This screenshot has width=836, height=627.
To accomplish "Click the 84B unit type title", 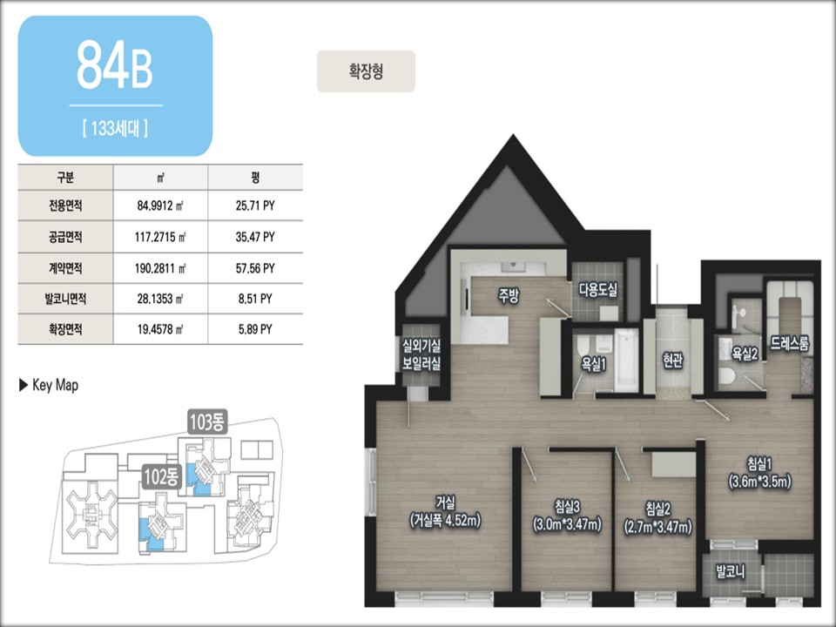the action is click(x=115, y=64).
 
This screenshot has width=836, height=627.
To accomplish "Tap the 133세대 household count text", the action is click(x=115, y=129).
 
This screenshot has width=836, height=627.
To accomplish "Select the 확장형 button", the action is click(x=366, y=71).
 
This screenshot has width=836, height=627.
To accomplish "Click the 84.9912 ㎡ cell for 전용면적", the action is click(x=160, y=206).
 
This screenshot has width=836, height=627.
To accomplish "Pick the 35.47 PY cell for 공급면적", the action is click(x=255, y=237).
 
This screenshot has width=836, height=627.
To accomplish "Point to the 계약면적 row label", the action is click(x=65, y=268).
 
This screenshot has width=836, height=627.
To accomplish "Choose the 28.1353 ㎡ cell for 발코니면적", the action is click(x=160, y=299).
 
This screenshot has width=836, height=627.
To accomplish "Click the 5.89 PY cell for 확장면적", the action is click(x=255, y=329).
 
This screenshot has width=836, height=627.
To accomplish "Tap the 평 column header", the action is click(x=255, y=177).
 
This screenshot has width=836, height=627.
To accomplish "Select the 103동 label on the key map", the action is click(x=208, y=422).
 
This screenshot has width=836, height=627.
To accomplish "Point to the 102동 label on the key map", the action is click(x=162, y=477).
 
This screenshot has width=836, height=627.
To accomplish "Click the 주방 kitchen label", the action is click(x=508, y=296).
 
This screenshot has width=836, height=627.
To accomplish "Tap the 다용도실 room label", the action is click(x=598, y=290).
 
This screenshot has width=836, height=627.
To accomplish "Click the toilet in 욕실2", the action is click(x=726, y=375).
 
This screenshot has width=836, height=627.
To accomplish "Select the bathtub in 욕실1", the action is click(x=626, y=361).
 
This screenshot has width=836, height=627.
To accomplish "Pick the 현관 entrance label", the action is click(x=673, y=361).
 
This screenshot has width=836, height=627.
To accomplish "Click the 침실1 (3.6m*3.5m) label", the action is click(x=759, y=472).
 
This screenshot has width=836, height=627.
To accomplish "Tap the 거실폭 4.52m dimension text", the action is click(x=445, y=521).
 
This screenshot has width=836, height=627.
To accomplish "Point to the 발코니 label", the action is click(x=731, y=572).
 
